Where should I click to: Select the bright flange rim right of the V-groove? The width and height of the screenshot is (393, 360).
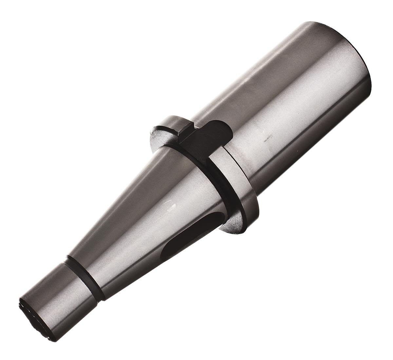[242, 184]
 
